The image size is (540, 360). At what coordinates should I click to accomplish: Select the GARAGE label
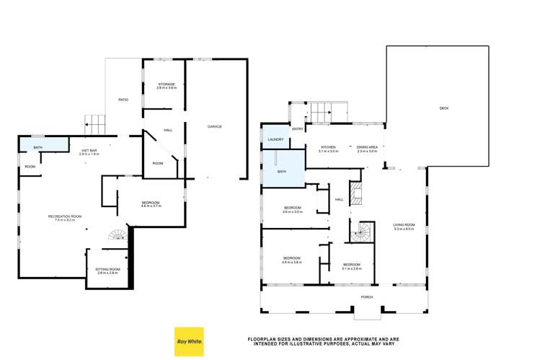point(215,126)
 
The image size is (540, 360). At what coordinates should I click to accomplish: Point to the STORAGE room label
point(167,85)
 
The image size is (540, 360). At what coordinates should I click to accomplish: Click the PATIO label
point(123,99)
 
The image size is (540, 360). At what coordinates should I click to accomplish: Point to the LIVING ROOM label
point(404,227)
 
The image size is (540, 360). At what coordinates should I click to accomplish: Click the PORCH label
point(367,297)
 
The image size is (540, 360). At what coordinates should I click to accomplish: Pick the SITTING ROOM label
point(106,270)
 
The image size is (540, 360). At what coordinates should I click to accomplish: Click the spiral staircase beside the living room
point(360,232)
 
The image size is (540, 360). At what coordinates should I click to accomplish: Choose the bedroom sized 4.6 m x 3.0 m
point(291,211)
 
